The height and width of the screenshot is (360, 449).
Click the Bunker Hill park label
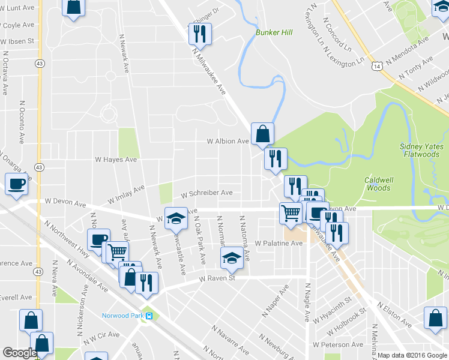coord(274,32)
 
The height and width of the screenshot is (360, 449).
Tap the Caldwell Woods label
coord(378,184)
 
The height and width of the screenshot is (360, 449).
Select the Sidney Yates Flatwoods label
coord(421,149)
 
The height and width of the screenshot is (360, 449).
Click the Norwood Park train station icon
coord(150,316)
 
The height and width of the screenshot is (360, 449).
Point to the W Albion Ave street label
coord(228,142)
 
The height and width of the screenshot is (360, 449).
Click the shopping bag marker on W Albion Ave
coord(263,134)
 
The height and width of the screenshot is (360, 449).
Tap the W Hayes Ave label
coord(116,160)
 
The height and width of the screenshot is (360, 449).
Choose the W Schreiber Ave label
coord(206,193)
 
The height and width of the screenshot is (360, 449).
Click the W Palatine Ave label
coord(278,244)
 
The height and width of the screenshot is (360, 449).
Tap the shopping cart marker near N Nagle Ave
coord(291,212)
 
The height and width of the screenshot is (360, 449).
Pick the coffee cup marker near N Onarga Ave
coord(16,184)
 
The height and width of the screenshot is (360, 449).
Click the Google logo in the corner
coord(19,353)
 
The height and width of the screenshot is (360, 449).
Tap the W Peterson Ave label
coord(338,345)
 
